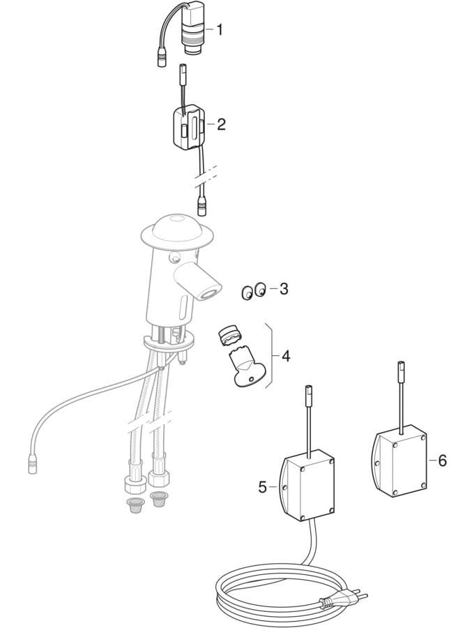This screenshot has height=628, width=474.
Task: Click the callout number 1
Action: point(219,29)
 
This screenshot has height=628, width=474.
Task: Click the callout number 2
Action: point(221,124)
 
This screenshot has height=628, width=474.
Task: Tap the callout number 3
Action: point(284,288)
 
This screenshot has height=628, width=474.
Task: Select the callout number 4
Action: point(286,356)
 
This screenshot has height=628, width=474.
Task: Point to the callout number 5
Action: point(262,488)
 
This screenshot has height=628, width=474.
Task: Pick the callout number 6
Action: point(442,461)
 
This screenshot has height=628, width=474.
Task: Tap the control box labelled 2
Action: point(188,127)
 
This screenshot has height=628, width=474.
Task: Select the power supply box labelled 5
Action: point(307,485)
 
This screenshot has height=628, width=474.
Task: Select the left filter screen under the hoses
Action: point(135,505)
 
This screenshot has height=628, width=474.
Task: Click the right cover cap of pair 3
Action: point(261,289)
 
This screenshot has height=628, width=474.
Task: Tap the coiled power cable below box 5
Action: point(276,589)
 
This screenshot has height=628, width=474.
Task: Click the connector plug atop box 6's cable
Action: point(400,367)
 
